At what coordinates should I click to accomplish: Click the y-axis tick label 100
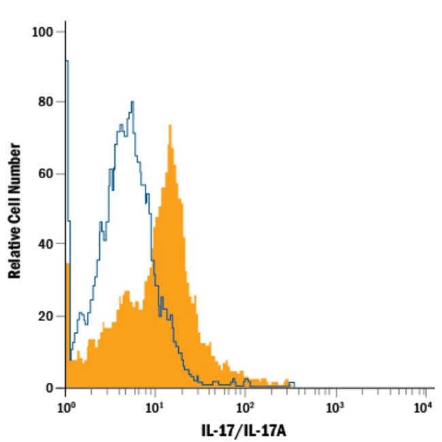click(x=44, y=32)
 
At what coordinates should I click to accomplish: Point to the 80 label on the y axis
click(x=46, y=102)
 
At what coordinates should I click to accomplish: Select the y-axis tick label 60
click(x=46, y=173)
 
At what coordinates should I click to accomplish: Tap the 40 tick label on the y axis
click(x=46, y=243)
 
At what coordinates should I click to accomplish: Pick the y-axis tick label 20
click(x=46, y=316)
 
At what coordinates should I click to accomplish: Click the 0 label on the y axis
click(x=50, y=388)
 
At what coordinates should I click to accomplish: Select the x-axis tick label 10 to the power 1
click(x=156, y=407)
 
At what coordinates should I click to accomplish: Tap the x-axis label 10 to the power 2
click(x=245, y=407)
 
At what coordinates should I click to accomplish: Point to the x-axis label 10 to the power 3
click(x=335, y=407)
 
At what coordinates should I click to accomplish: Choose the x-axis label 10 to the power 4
click(x=424, y=407)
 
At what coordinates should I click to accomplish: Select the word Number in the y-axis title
click(x=15, y=167)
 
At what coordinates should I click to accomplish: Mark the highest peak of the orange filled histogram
click(x=170, y=126)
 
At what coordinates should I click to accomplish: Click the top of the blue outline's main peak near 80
click(x=133, y=102)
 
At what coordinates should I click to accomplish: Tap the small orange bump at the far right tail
click(x=287, y=381)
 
